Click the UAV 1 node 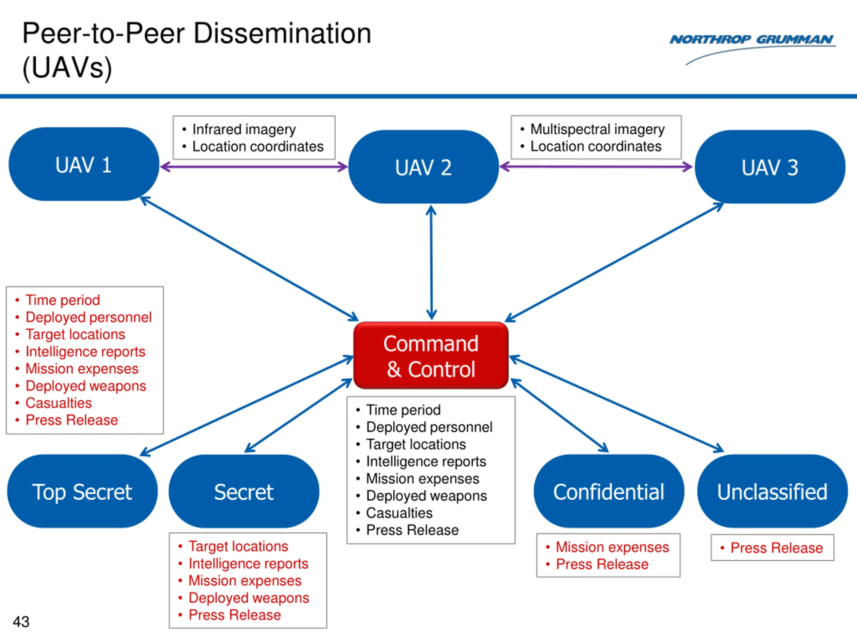(x=84, y=164)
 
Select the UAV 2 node (x=423, y=167)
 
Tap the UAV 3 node (x=770, y=167)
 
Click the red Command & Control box (x=431, y=355)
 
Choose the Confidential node (x=609, y=491)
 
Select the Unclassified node (x=773, y=491)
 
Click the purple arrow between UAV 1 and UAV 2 (x=254, y=167)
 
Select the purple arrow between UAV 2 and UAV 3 (x=596, y=167)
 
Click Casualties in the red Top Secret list (x=59, y=403)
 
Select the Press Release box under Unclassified (x=772, y=548)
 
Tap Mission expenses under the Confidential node (x=612, y=547)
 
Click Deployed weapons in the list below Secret (x=249, y=598)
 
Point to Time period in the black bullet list (x=403, y=410)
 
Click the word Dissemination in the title (x=282, y=33)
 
